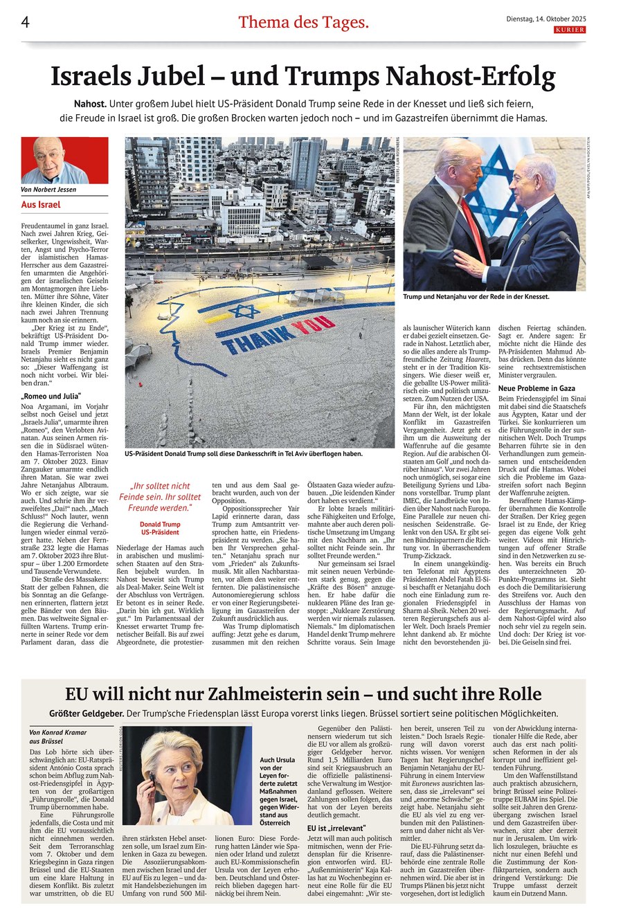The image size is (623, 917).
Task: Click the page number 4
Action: (x=26, y=22)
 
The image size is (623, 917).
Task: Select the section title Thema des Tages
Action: (x=303, y=22)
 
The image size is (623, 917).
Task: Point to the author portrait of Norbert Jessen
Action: (x=64, y=161)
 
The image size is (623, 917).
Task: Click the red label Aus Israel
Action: (x=41, y=205)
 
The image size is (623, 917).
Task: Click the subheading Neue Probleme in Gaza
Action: (x=536, y=388)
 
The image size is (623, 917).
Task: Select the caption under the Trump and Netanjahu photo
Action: (x=476, y=296)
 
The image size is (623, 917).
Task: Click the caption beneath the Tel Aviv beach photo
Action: (x=244, y=454)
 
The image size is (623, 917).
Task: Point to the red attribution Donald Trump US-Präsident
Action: (x=160, y=528)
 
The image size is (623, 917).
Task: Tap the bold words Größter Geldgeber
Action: (x=87, y=714)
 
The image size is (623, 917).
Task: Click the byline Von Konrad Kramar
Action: (x=57, y=732)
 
